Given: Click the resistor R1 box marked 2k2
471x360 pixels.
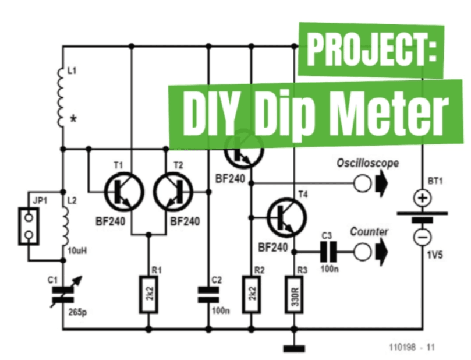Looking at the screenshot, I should (148, 295).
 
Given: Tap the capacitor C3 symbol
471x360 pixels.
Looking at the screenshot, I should (330, 252).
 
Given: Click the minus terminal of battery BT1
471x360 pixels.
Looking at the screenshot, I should (422, 237).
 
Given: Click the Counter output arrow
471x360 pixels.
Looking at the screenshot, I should (383, 252).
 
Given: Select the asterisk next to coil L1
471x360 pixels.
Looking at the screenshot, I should (74, 119).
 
